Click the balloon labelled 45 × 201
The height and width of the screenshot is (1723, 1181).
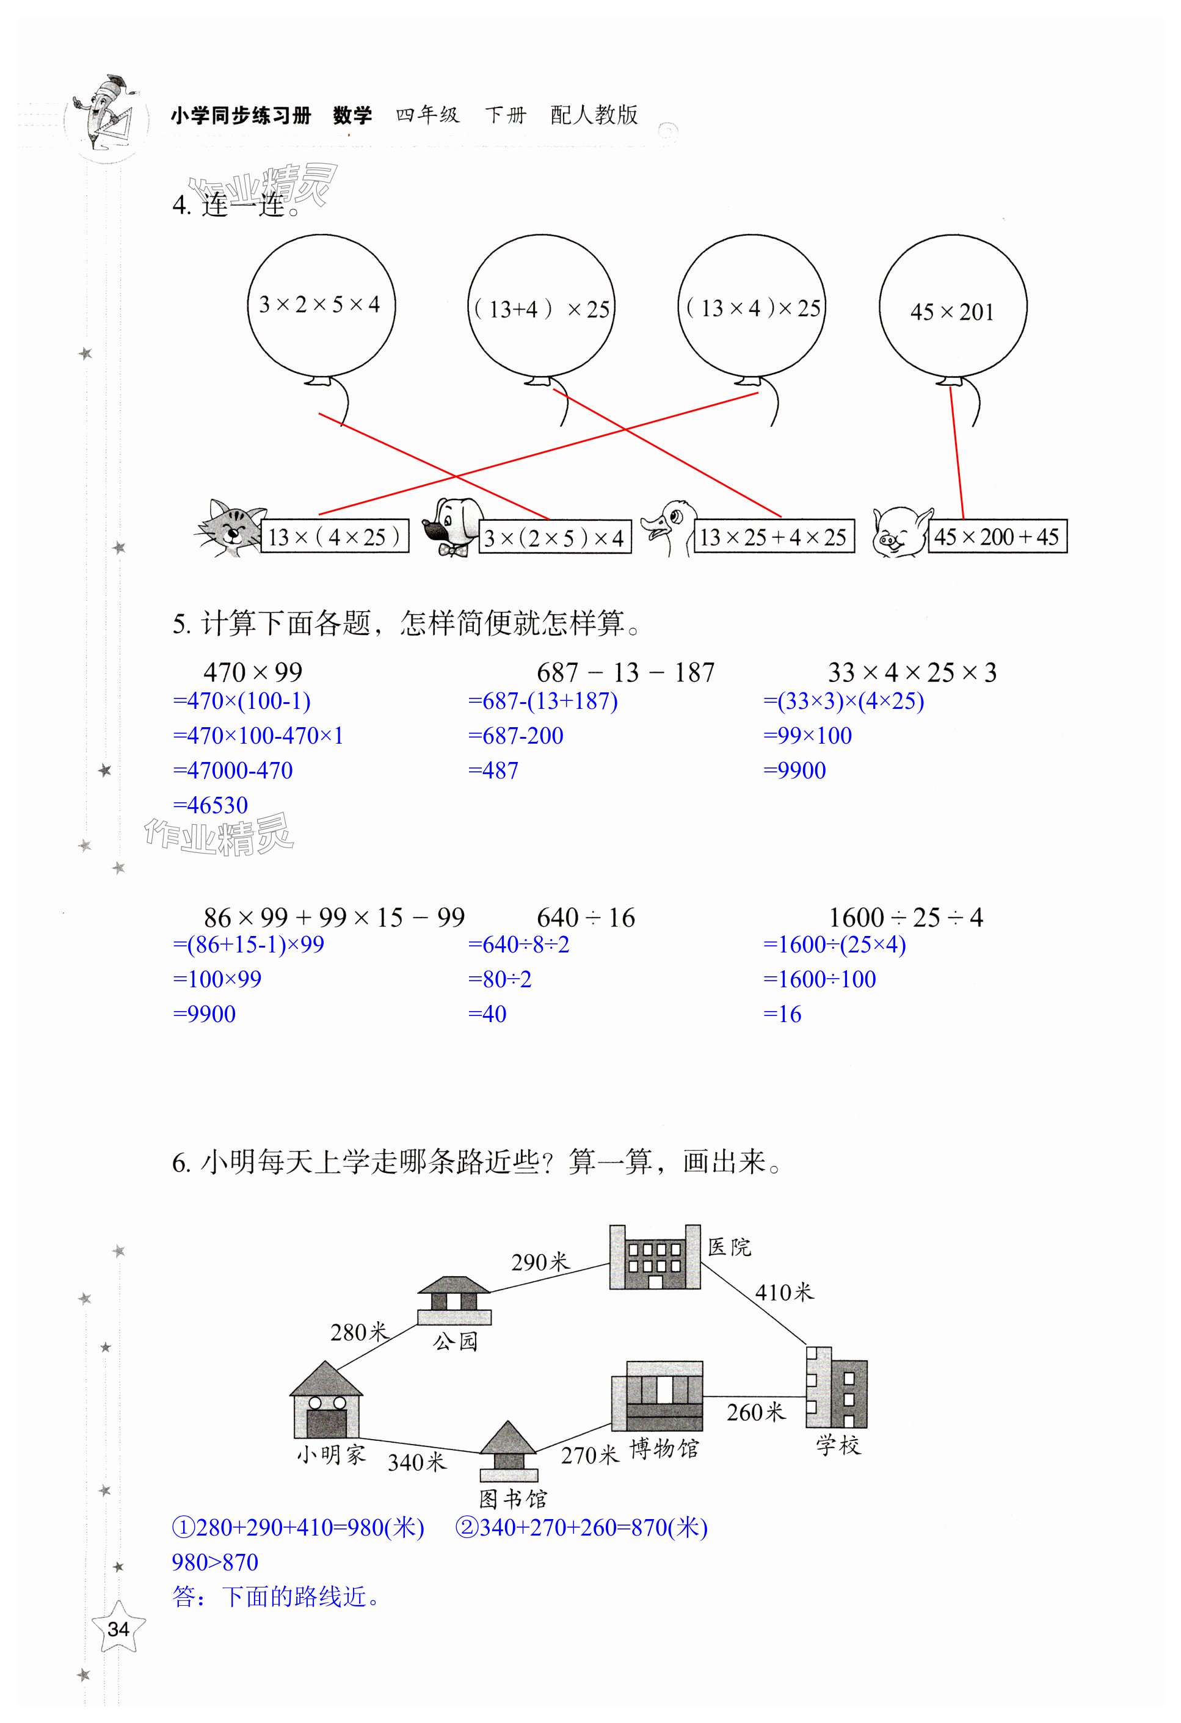pos(953,307)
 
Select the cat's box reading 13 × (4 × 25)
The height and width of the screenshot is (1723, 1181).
pos(335,536)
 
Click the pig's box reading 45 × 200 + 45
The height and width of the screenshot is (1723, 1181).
pos(997,536)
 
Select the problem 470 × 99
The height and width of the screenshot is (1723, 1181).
pos(253,672)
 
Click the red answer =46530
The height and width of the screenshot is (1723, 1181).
pos(211,805)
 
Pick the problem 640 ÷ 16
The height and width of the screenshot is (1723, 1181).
pos(585,917)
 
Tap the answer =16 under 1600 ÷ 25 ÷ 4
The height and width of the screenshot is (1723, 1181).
pos(783,1014)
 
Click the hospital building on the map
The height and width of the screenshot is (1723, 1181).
pos(655,1257)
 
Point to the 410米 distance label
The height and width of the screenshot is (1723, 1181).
pos(783,1292)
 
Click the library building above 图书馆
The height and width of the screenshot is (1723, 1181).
pos(508,1450)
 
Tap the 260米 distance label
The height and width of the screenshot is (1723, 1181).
pos(755,1412)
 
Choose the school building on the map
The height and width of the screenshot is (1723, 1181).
pos(836,1387)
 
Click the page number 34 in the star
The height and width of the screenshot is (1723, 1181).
pos(118,1629)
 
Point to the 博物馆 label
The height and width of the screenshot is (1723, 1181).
pos(664,1448)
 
